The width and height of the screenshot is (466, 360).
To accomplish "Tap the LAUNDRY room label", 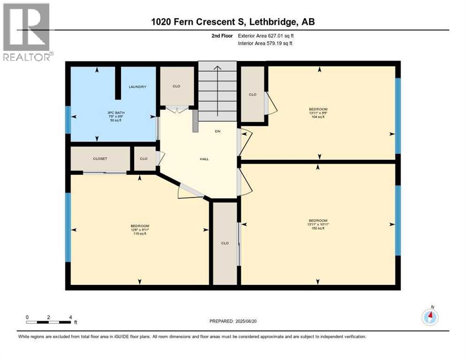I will coord(138,87).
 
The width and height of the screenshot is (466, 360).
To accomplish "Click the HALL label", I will coord(204,159).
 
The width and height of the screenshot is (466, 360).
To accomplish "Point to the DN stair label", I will coord(218,131).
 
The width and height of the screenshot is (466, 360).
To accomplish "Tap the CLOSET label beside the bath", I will coord(100,159).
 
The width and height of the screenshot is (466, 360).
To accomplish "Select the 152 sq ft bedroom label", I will coord(318,224).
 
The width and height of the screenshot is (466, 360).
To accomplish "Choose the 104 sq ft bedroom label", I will coord(318,113).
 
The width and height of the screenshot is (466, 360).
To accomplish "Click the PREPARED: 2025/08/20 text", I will coord(233,321).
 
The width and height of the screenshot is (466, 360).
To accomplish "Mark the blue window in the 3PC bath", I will coord(68,120).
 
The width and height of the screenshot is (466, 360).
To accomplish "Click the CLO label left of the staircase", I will coord(176,86).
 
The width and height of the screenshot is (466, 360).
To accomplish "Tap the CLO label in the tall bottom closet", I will coord(225,243).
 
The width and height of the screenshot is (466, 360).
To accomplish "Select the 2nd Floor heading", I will coord(222,35).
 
